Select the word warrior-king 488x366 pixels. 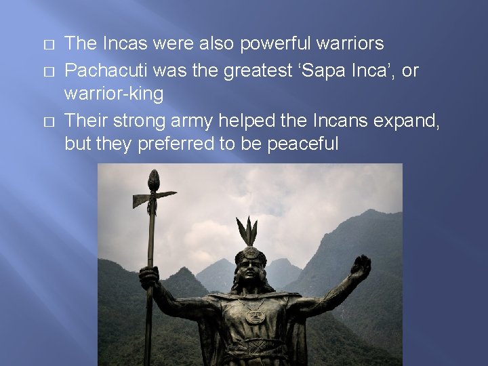pos(114,94)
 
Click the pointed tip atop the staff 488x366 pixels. pos(153,180)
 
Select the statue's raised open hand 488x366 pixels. pos(360,268)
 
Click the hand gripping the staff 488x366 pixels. pos(148,277)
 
